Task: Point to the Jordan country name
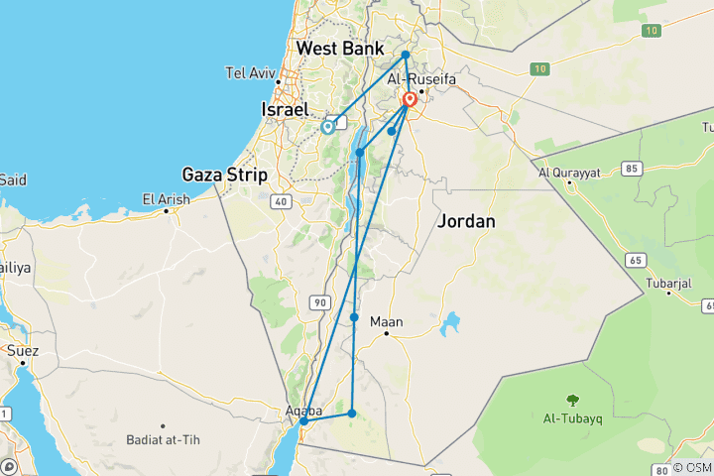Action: pyautogui.click(x=465, y=222)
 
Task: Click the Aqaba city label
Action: pyautogui.click(x=303, y=409)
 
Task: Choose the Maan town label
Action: pyautogui.click(x=387, y=321)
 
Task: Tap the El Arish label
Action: pyautogui.click(x=166, y=199)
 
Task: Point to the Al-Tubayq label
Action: pyautogui.click(x=572, y=418)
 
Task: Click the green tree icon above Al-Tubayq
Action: pyautogui.click(x=572, y=400)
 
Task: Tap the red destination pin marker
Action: pyautogui.click(x=410, y=100)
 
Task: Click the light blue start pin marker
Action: pyautogui.click(x=327, y=126)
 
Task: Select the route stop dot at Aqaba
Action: pyautogui.click(x=304, y=421)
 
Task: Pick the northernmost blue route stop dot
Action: pyautogui.click(x=406, y=55)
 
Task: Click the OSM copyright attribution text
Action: pyautogui.click(x=692, y=467)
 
